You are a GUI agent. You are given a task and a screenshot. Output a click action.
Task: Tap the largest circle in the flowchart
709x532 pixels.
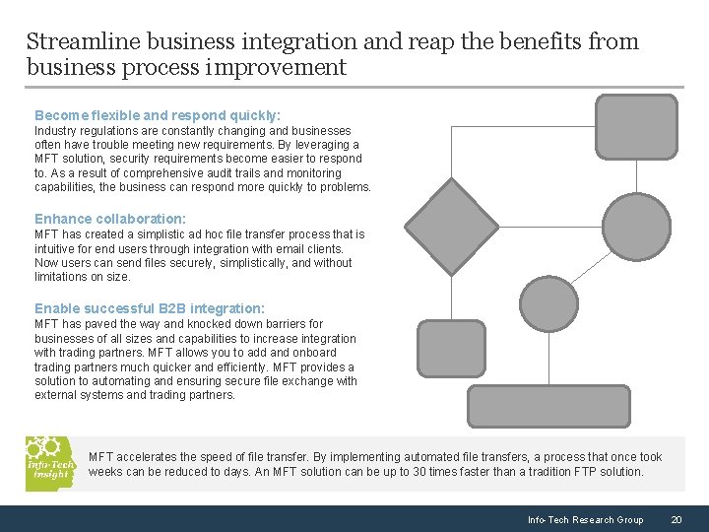coord(636,227)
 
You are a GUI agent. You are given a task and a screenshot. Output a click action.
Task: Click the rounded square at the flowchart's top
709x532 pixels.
coord(637,127)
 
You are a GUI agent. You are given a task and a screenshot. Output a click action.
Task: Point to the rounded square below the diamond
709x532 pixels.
coord(451,349)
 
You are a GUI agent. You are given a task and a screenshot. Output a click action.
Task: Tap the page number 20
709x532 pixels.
coord(676,520)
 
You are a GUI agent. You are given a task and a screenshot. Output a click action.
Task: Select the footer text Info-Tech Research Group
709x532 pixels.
coord(585,520)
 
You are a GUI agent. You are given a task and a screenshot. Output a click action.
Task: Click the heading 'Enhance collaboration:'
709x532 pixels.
coord(110,219)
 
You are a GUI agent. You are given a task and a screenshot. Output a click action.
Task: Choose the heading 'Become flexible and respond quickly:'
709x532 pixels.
coord(158,115)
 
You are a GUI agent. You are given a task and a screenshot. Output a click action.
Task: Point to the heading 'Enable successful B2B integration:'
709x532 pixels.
coord(150,308)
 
